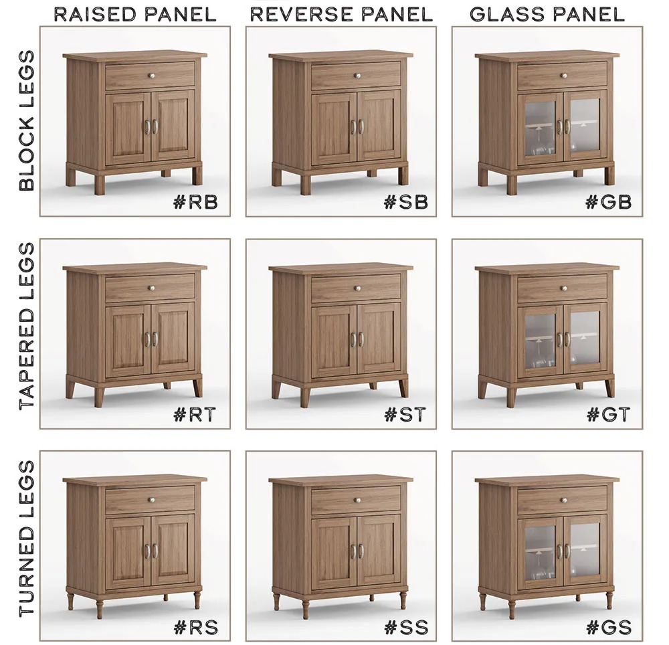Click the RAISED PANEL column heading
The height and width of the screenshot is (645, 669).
135,15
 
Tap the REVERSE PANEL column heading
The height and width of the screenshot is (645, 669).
341,15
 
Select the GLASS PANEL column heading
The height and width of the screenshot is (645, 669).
547,15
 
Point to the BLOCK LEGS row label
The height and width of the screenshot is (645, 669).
27,120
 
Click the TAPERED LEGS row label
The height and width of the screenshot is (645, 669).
27,327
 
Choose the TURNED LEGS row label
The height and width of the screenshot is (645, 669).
27,539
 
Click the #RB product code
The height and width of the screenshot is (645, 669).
196,202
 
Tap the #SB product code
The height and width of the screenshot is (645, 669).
406,202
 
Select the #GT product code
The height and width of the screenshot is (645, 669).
608,414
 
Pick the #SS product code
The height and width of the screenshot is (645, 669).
406,627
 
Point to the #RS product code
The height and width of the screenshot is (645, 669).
196,627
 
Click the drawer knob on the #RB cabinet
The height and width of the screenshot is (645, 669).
151,76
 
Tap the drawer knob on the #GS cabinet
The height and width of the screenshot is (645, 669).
563,500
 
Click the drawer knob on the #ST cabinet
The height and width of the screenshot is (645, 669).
357,288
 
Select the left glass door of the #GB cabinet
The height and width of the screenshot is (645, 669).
541,128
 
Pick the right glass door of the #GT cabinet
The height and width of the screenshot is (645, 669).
585,339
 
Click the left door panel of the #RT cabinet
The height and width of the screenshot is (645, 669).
128,340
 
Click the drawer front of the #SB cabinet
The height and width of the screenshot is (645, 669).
357,76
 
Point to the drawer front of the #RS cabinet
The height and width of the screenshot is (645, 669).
150,500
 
